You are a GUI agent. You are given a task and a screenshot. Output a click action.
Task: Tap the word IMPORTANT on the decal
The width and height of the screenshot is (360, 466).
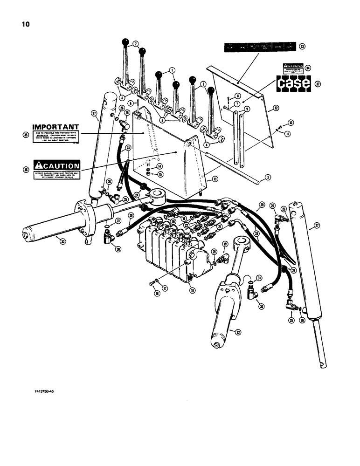tap(55, 127)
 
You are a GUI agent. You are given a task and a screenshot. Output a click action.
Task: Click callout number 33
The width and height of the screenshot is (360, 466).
tap(302, 46)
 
